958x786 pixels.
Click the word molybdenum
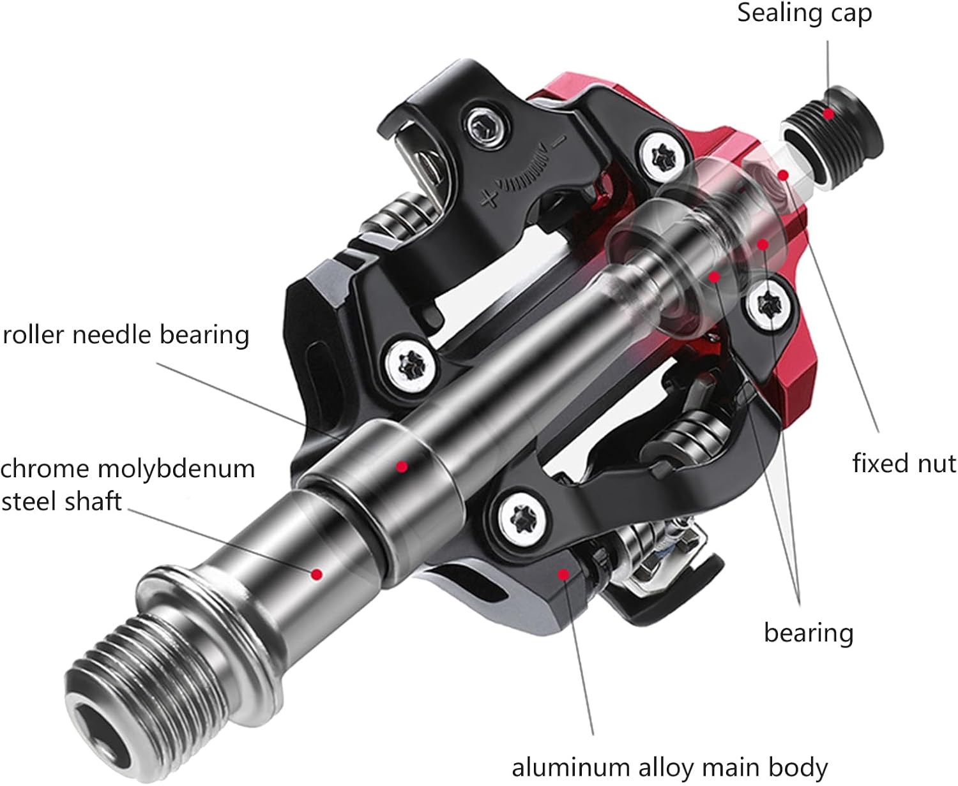[175, 469]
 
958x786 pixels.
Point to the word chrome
[45, 469]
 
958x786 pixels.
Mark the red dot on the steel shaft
[316, 574]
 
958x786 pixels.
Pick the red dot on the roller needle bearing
[401, 467]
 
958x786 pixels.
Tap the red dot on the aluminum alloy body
[563, 574]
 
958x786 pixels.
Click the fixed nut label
[904, 463]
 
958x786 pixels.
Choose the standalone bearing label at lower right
[809, 632]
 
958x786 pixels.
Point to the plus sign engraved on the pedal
[490, 200]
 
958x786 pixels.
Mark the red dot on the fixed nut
[783, 174]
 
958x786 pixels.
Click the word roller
[33, 334]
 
